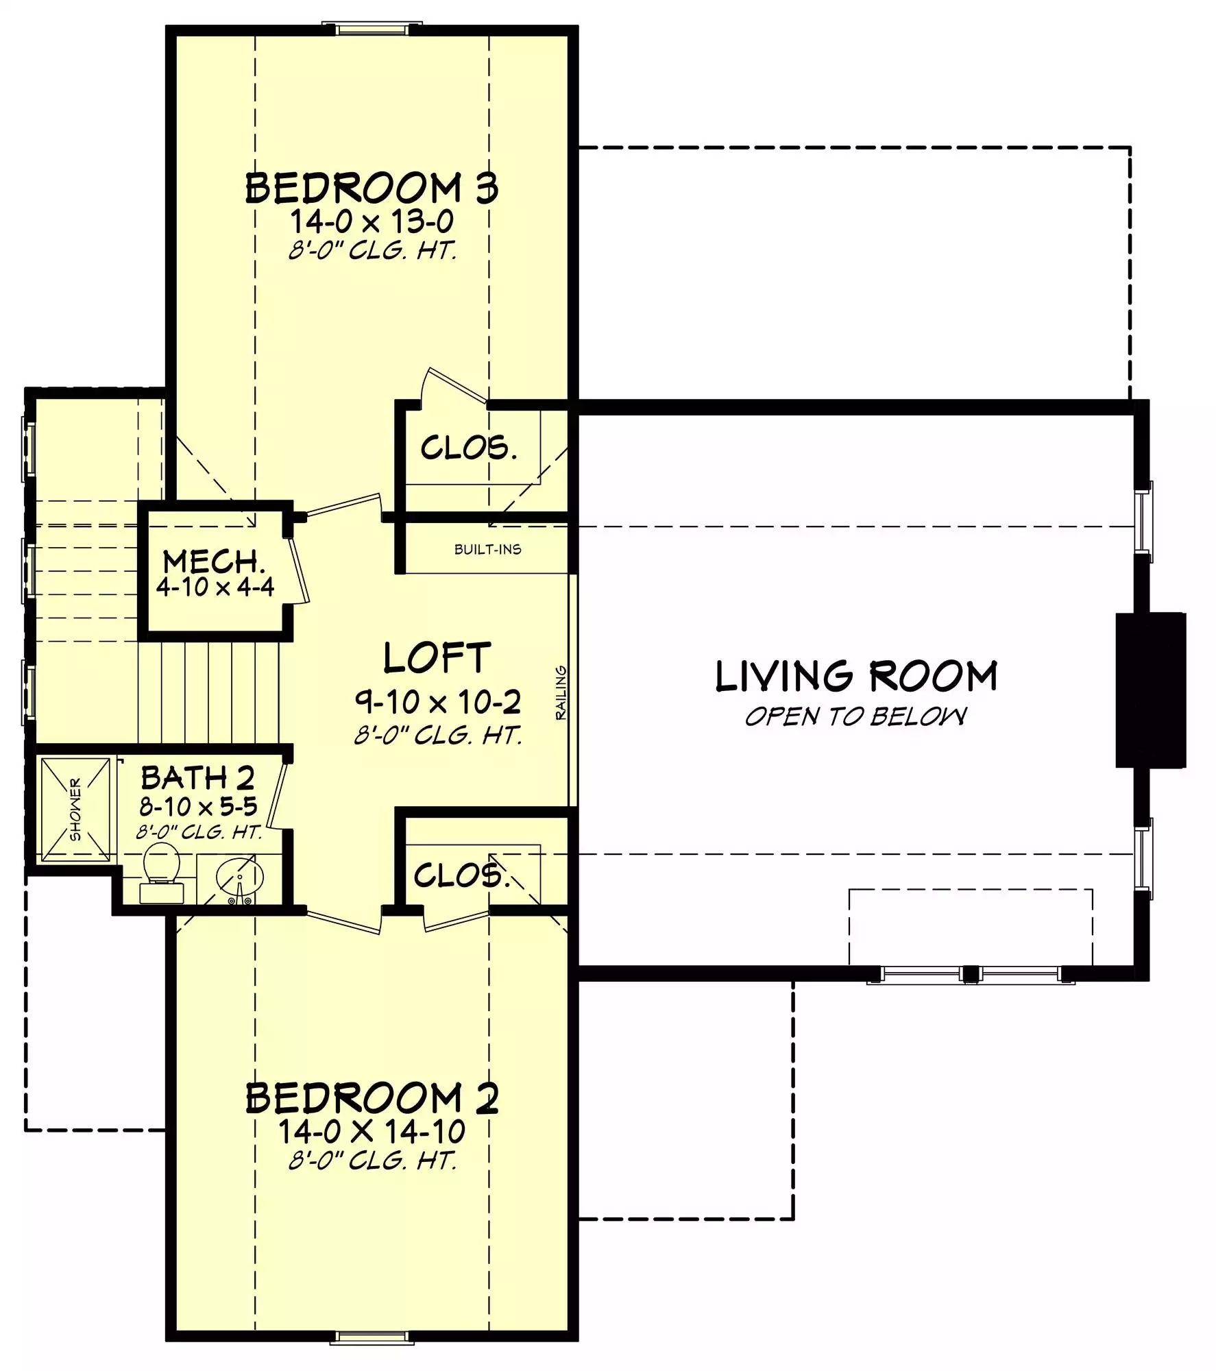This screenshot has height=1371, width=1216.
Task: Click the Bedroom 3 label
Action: pyautogui.click(x=372, y=188)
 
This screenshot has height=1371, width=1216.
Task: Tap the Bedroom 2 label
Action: pyautogui.click(x=372, y=1098)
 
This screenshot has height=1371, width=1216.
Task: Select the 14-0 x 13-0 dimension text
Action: pyautogui.click(x=372, y=222)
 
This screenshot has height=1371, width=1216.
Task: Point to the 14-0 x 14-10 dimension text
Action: pyautogui.click(x=372, y=1132)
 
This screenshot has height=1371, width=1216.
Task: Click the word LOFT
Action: pyautogui.click(x=437, y=658)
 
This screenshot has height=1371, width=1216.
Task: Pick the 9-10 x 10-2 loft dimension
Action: pyautogui.click(x=437, y=701)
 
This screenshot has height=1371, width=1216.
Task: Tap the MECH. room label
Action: pyautogui.click(x=214, y=562)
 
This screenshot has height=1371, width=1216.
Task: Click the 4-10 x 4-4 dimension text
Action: pyautogui.click(x=215, y=587)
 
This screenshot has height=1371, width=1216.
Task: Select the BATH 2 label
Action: pyautogui.click(x=197, y=778)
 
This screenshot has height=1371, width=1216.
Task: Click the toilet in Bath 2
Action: pyautogui.click(x=162, y=871)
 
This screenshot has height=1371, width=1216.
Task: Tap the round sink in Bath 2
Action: pyautogui.click(x=240, y=875)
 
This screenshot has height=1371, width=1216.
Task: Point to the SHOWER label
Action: pyautogui.click(x=75, y=809)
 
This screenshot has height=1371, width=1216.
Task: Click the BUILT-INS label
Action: pyautogui.click(x=487, y=549)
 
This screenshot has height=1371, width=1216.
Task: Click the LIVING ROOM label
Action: pyautogui.click(x=856, y=676)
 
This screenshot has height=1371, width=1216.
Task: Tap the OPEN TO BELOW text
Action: pyautogui.click(x=856, y=716)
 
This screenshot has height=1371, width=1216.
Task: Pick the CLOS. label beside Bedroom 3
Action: pyautogui.click(x=468, y=448)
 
